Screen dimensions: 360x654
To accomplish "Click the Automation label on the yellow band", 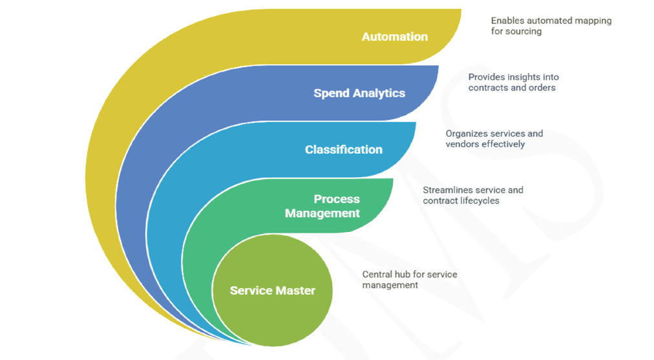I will (x=394, y=37).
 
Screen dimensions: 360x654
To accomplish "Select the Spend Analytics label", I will (x=359, y=93).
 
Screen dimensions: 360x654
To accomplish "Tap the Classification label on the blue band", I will (x=344, y=149).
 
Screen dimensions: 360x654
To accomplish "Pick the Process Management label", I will (x=322, y=206).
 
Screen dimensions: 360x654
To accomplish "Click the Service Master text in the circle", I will (x=273, y=291).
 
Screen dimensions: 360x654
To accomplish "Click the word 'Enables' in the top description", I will (x=508, y=21).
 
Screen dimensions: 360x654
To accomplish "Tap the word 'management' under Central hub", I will (x=390, y=285).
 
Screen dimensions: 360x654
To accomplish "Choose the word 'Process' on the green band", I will (x=337, y=199).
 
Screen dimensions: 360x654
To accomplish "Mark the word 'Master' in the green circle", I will (x=295, y=291).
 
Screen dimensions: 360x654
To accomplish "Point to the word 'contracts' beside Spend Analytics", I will (x=489, y=87).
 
